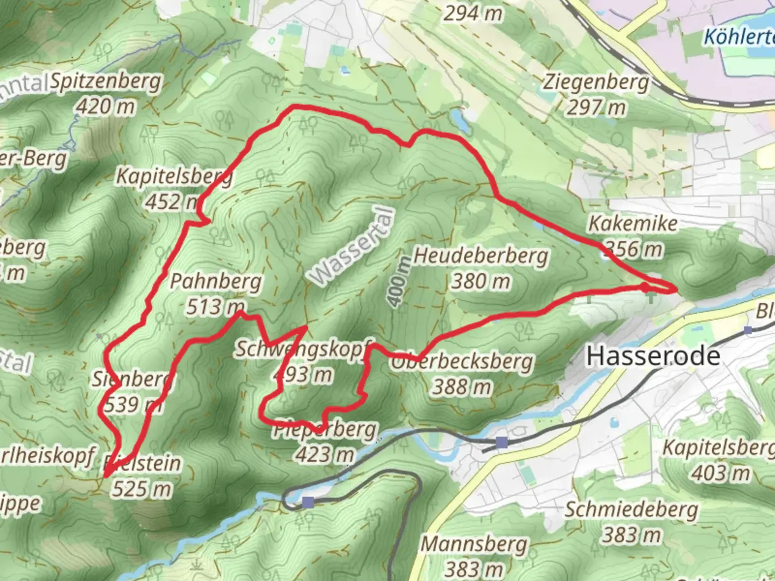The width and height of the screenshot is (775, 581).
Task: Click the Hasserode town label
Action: click(x=653, y=356)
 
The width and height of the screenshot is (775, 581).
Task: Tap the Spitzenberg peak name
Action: click(x=105, y=82)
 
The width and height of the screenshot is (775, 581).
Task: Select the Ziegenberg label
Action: click(x=596, y=82)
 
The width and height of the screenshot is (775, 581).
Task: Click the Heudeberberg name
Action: click(x=481, y=256)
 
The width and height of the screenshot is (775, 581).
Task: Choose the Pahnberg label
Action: click(x=216, y=281)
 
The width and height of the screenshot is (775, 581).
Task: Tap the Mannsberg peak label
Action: click(x=474, y=544)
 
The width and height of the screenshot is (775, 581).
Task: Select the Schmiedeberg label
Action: click(x=631, y=509)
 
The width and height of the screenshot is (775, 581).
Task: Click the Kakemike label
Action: click(x=632, y=223)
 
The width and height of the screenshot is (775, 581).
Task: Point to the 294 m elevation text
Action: click(x=473, y=13)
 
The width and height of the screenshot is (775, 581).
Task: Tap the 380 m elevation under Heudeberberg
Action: click(x=481, y=281)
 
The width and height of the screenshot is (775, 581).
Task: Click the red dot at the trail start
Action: click(x=645, y=287)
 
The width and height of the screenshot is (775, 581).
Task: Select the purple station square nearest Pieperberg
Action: click(x=308, y=502)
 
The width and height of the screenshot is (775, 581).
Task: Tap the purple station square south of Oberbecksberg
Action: click(x=502, y=443)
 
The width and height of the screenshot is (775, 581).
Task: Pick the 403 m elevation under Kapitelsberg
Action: click(x=721, y=473)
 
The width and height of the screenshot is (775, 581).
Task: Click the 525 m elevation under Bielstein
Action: click(x=142, y=489)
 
